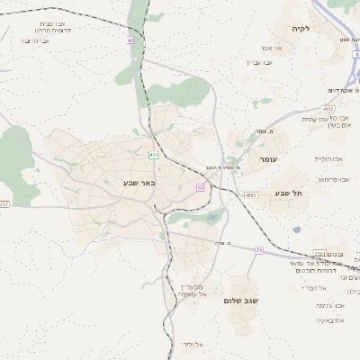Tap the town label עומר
[269, 159]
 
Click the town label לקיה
[301, 29]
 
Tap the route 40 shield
[130, 40]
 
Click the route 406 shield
[154, 155]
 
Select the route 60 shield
[200, 187]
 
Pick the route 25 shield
[258, 249]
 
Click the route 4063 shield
[250, 194]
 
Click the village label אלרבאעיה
[330, 320]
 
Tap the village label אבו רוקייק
[328, 158]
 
